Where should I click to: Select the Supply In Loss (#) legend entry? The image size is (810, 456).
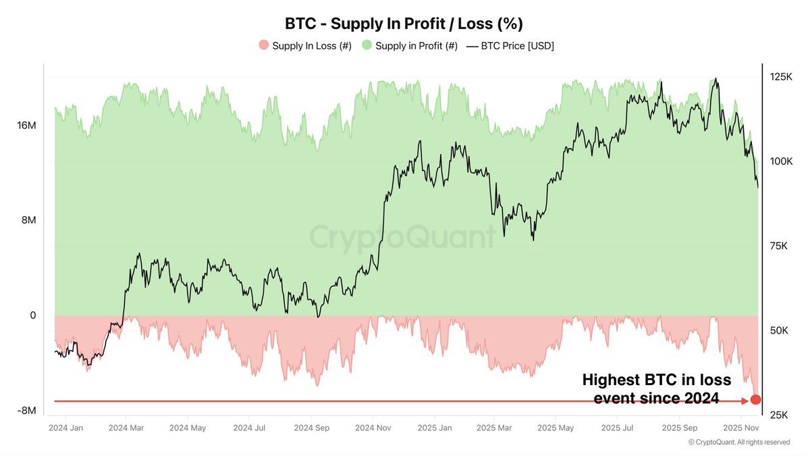[x=306, y=46]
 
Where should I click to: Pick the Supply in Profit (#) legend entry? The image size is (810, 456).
[x=410, y=46]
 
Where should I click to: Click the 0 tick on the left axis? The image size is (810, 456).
[x=32, y=315]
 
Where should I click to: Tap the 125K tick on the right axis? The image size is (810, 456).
[x=782, y=77]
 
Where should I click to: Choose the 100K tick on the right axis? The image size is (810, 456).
[x=782, y=161]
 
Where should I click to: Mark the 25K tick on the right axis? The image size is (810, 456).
[x=779, y=414]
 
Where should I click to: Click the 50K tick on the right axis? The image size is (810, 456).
[x=780, y=330]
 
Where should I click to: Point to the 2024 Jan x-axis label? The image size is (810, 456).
[x=65, y=428]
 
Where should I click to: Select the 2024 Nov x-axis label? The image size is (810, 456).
[x=373, y=428]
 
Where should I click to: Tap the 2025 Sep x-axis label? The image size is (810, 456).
[x=680, y=428]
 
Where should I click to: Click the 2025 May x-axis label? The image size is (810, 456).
[x=557, y=428]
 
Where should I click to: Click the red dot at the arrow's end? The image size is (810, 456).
[x=755, y=399]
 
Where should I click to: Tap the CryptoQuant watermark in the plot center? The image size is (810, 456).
[x=402, y=238]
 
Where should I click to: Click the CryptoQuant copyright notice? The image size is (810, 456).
[x=738, y=442]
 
